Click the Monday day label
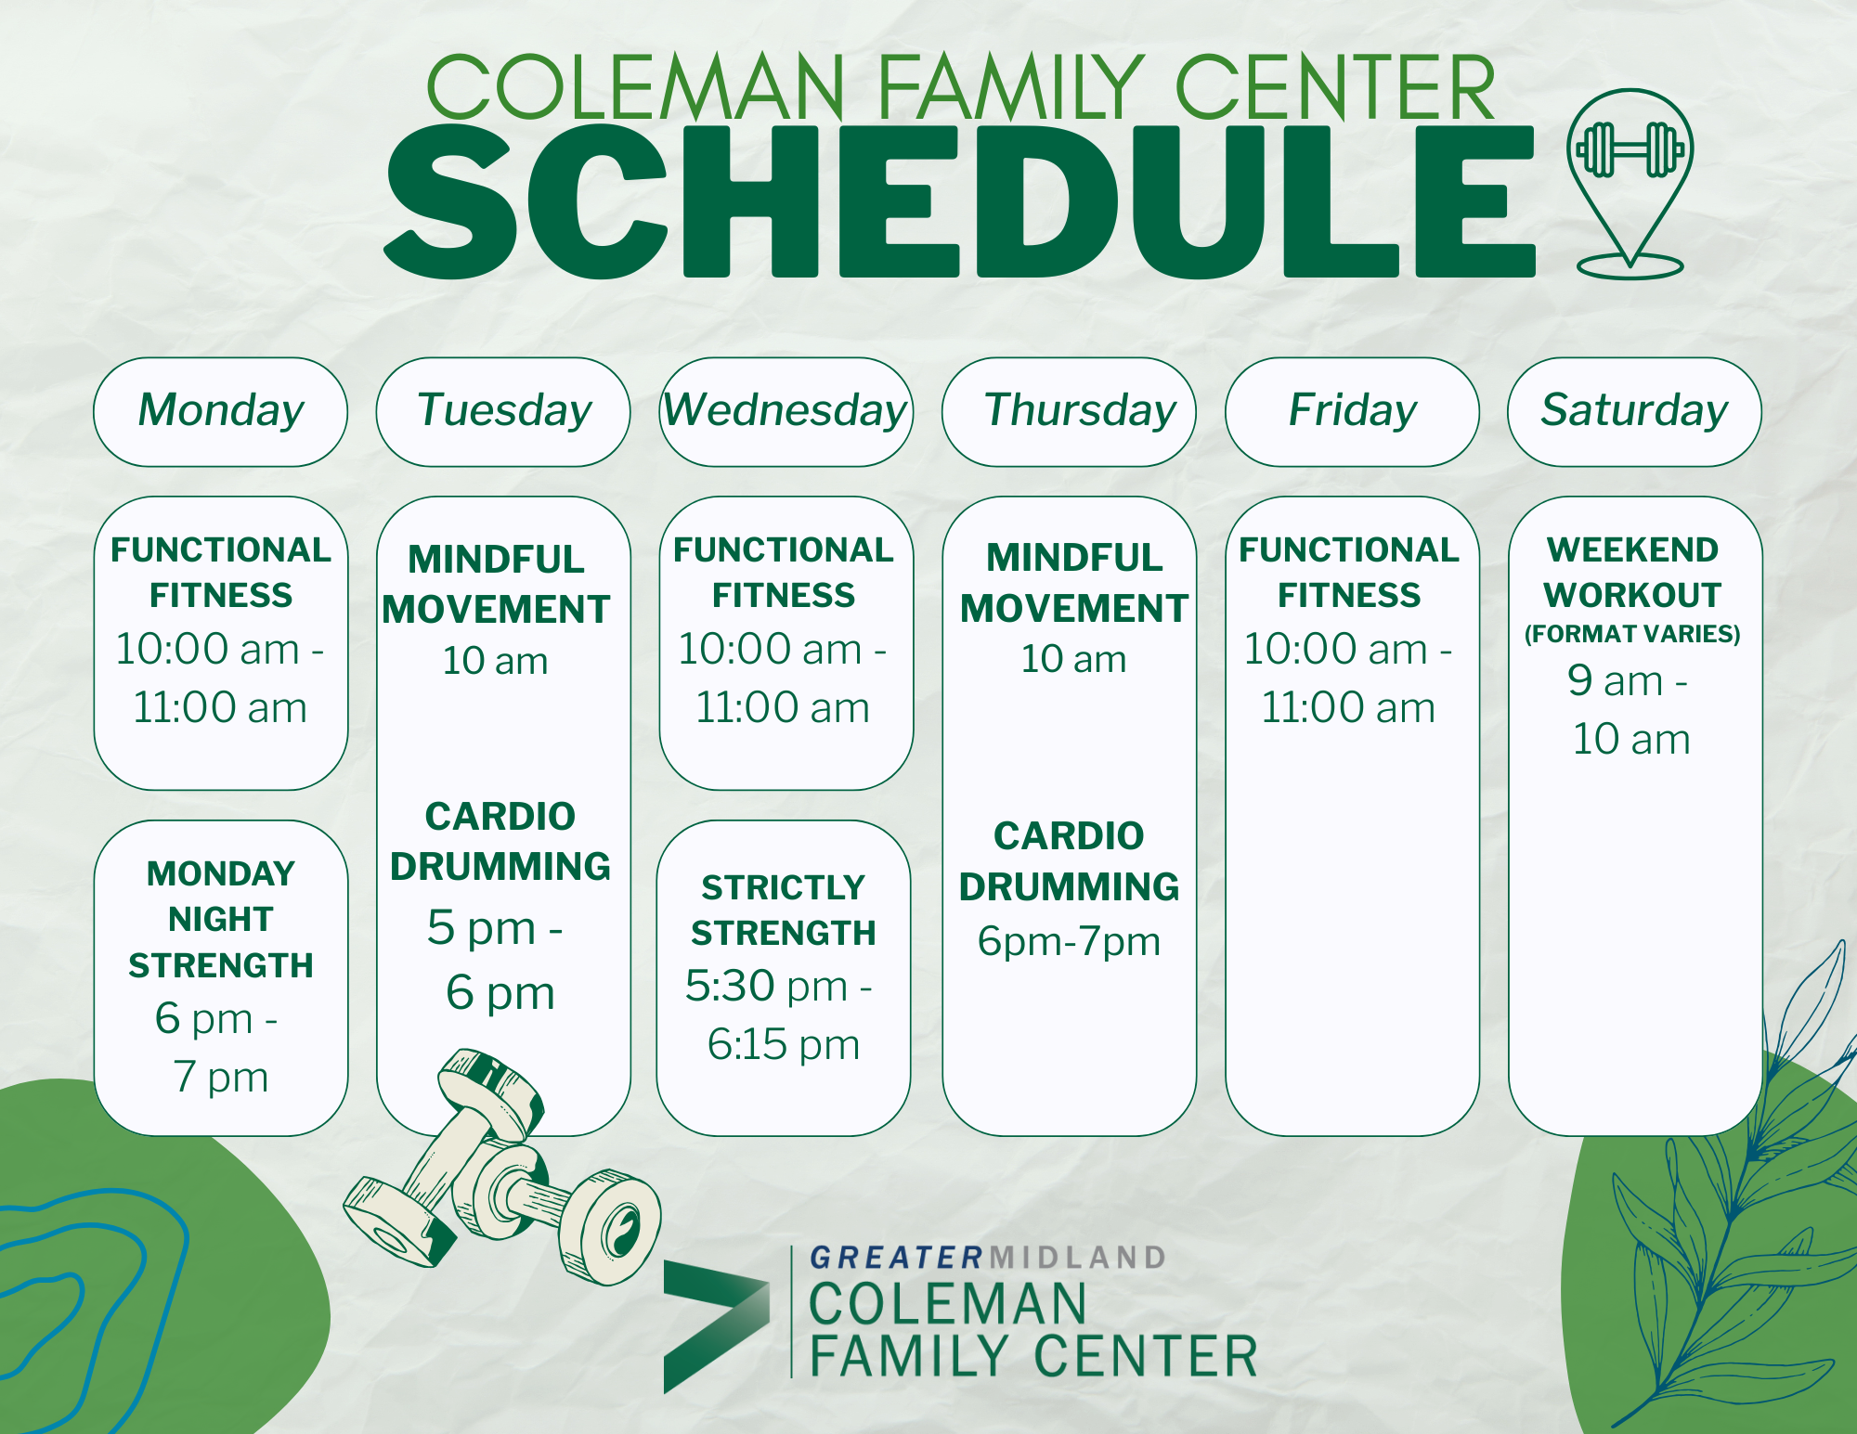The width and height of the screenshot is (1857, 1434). pyautogui.click(x=221, y=410)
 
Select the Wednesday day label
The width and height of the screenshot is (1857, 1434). pyautogui.click(x=786, y=410)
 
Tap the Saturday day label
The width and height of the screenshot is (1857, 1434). pyautogui.click(x=1634, y=410)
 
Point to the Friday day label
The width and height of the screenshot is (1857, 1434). pyautogui.click(x=1352, y=410)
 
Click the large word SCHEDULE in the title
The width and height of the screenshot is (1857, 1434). pyautogui.click(x=960, y=202)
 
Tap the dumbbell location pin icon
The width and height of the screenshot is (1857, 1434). pyautogui.click(x=1630, y=184)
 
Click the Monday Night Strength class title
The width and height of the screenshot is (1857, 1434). pyautogui.click(x=221, y=919)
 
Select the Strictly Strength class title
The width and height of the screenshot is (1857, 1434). pyautogui.click(x=784, y=911)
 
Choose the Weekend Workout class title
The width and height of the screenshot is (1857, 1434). pyautogui.click(x=1632, y=572)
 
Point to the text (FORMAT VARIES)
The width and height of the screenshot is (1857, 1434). pyautogui.click(x=1632, y=634)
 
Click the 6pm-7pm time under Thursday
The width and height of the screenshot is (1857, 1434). pyautogui.click(x=1069, y=942)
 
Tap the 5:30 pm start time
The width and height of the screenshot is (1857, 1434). pyautogui.click(x=767, y=986)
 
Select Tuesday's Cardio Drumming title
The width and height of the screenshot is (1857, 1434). pyautogui.click(x=500, y=841)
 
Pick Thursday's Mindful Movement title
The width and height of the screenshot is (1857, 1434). pyautogui.click(x=1074, y=583)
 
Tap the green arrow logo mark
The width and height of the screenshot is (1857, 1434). pyautogui.click(x=716, y=1325)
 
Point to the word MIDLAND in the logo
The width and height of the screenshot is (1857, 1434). pyautogui.click(x=1078, y=1258)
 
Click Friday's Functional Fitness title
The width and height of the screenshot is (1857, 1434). pyautogui.click(x=1349, y=572)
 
